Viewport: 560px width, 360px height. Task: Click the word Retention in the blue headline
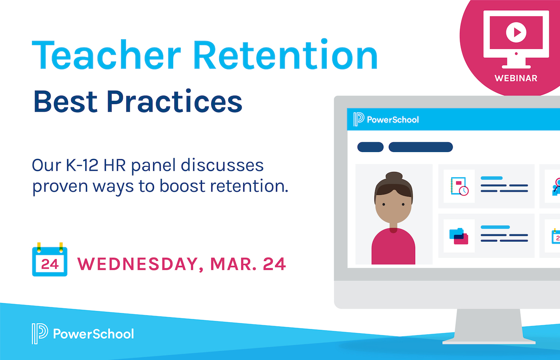click(x=286, y=54)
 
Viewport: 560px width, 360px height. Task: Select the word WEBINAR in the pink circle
click(x=516, y=78)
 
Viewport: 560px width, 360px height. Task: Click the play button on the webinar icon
click(x=516, y=32)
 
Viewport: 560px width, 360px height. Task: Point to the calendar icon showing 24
click(x=50, y=260)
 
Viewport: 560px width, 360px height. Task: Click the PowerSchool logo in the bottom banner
click(x=83, y=334)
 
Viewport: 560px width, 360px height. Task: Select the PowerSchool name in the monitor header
click(x=393, y=120)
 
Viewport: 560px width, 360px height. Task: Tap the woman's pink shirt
click(x=393, y=247)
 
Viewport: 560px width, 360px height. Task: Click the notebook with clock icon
click(x=459, y=186)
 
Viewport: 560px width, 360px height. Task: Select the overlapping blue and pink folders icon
click(x=459, y=236)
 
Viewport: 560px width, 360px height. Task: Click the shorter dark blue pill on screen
click(x=370, y=147)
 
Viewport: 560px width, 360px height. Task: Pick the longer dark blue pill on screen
click(x=421, y=147)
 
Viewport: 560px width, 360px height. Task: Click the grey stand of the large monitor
click(x=488, y=326)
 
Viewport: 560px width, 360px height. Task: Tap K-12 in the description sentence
click(x=82, y=166)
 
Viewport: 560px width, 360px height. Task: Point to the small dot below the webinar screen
click(x=516, y=54)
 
